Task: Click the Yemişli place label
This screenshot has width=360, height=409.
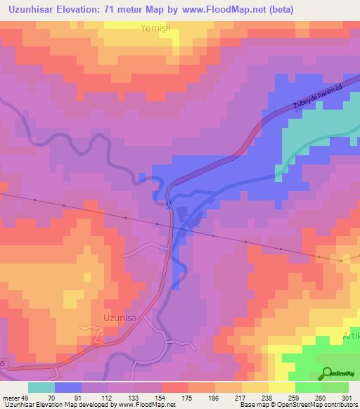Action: point(155,29)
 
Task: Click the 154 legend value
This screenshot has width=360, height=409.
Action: point(161,397)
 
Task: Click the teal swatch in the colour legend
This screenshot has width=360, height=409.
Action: point(41,387)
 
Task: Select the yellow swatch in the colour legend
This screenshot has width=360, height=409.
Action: point(282,387)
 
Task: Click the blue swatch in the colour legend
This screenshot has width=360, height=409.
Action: point(67,387)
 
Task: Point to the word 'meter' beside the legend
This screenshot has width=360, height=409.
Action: point(9,397)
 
